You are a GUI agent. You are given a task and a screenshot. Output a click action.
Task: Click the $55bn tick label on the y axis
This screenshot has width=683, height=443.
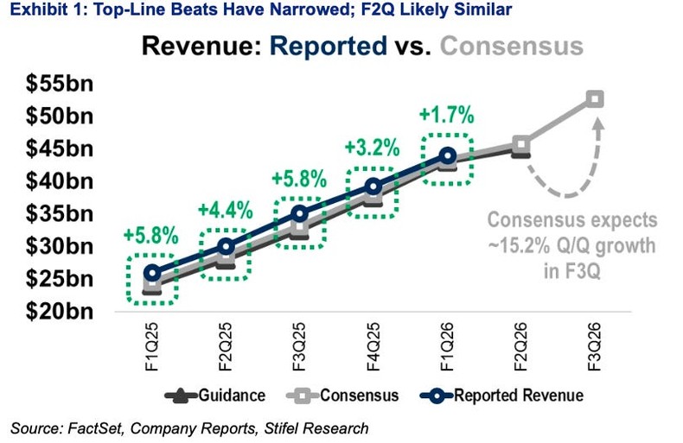[58, 84]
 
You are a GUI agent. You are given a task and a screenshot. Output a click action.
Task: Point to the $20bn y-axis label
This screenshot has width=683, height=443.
[58, 311]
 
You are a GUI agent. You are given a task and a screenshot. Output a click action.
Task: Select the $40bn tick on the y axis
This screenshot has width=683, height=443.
[58, 181]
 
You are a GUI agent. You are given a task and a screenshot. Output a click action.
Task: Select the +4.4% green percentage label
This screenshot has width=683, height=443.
[225, 210]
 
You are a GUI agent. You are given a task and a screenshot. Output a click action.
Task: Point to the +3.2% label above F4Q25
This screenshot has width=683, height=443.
[373, 147]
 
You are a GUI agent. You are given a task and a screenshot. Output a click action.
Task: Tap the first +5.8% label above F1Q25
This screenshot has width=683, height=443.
[150, 236]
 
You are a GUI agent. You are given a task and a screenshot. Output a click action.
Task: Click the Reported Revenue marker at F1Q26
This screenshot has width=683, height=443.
[447, 155]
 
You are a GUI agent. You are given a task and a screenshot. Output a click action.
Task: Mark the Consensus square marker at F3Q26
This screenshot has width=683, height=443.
[595, 98]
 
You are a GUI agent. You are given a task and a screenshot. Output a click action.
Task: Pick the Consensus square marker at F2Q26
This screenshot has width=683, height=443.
[521, 144]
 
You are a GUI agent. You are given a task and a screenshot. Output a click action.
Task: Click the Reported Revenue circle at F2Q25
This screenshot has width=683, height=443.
[226, 246]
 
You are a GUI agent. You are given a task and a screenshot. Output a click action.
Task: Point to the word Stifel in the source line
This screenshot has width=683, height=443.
[298, 427]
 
